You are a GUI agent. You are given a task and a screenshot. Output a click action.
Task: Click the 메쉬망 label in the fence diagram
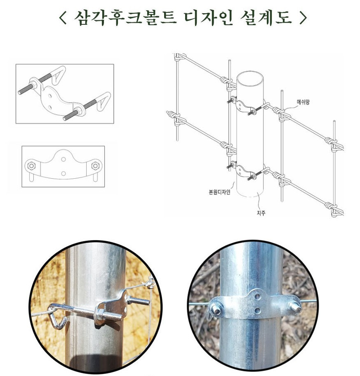[x=303, y=102]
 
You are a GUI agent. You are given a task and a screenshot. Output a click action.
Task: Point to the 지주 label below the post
[x=261, y=213]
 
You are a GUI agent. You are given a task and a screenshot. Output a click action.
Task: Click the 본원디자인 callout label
[x=220, y=192]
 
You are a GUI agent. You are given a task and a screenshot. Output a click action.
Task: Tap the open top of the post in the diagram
[x=250, y=79]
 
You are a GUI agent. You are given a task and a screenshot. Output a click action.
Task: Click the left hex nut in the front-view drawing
[x=31, y=166]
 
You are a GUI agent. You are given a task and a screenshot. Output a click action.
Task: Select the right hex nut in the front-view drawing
[x=95, y=166]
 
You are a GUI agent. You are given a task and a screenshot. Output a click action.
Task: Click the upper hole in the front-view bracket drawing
[x=64, y=159]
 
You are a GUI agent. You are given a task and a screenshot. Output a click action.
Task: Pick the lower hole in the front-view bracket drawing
[x=64, y=173]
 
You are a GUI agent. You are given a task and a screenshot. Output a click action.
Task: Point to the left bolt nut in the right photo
[x=216, y=309]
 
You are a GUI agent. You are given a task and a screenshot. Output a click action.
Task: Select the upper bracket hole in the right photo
[x=258, y=297]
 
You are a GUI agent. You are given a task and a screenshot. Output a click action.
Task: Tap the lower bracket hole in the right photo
[x=258, y=311]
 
